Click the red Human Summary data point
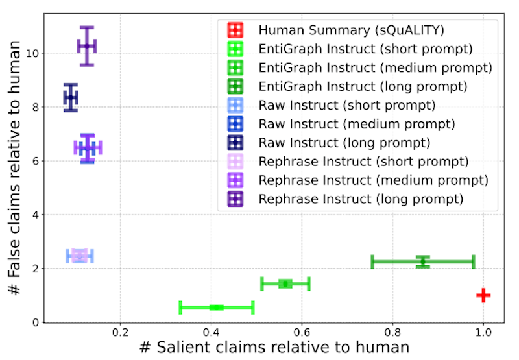tap(483, 295)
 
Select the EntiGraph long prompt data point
tap(423, 261)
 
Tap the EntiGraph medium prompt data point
tap(285, 283)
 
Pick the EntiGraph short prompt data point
tap(217, 307)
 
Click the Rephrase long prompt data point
tap(86, 46)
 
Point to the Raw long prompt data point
tap(71, 98)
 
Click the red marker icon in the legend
tap(235, 30)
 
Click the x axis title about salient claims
tap(274, 348)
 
